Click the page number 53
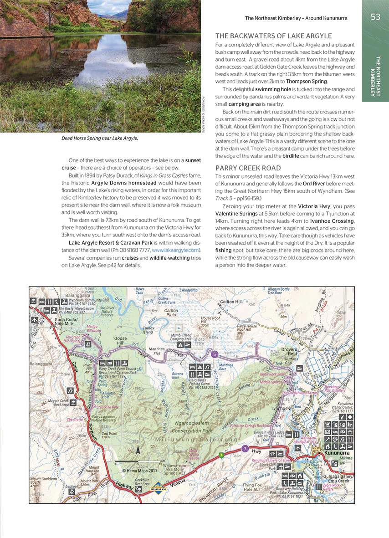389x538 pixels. tap(375, 17)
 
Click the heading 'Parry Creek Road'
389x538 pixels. tap(248, 168)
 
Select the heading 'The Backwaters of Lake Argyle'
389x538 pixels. tap(273, 36)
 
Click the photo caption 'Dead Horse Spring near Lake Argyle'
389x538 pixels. tap(99, 138)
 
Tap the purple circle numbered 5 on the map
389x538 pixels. tap(215, 354)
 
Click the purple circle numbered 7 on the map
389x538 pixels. tap(245, 449)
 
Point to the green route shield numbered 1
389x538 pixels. tap(221, 455)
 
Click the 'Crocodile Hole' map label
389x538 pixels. tap(106, 407)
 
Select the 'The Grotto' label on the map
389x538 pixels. tap(76, 420)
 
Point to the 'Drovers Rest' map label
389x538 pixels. tap(289, 351)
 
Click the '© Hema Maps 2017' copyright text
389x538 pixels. tap(139, 471)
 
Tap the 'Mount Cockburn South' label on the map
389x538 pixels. tap(41, 482)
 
